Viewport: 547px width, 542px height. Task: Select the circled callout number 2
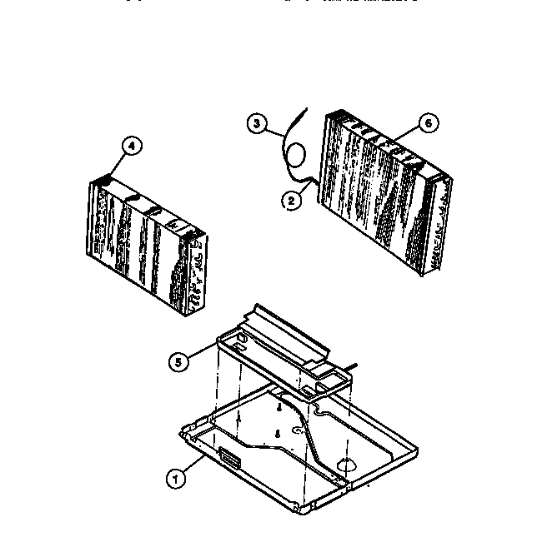coord(291,198)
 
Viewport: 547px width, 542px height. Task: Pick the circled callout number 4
coord(130,146)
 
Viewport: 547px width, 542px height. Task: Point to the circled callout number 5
coord(177,361)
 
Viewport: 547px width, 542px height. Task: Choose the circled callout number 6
coord(427,123)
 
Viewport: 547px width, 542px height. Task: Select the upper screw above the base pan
coord(279,407)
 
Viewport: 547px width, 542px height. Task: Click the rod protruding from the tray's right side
coord(355,365)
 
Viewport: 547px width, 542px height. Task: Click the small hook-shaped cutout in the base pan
coord(299,431)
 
